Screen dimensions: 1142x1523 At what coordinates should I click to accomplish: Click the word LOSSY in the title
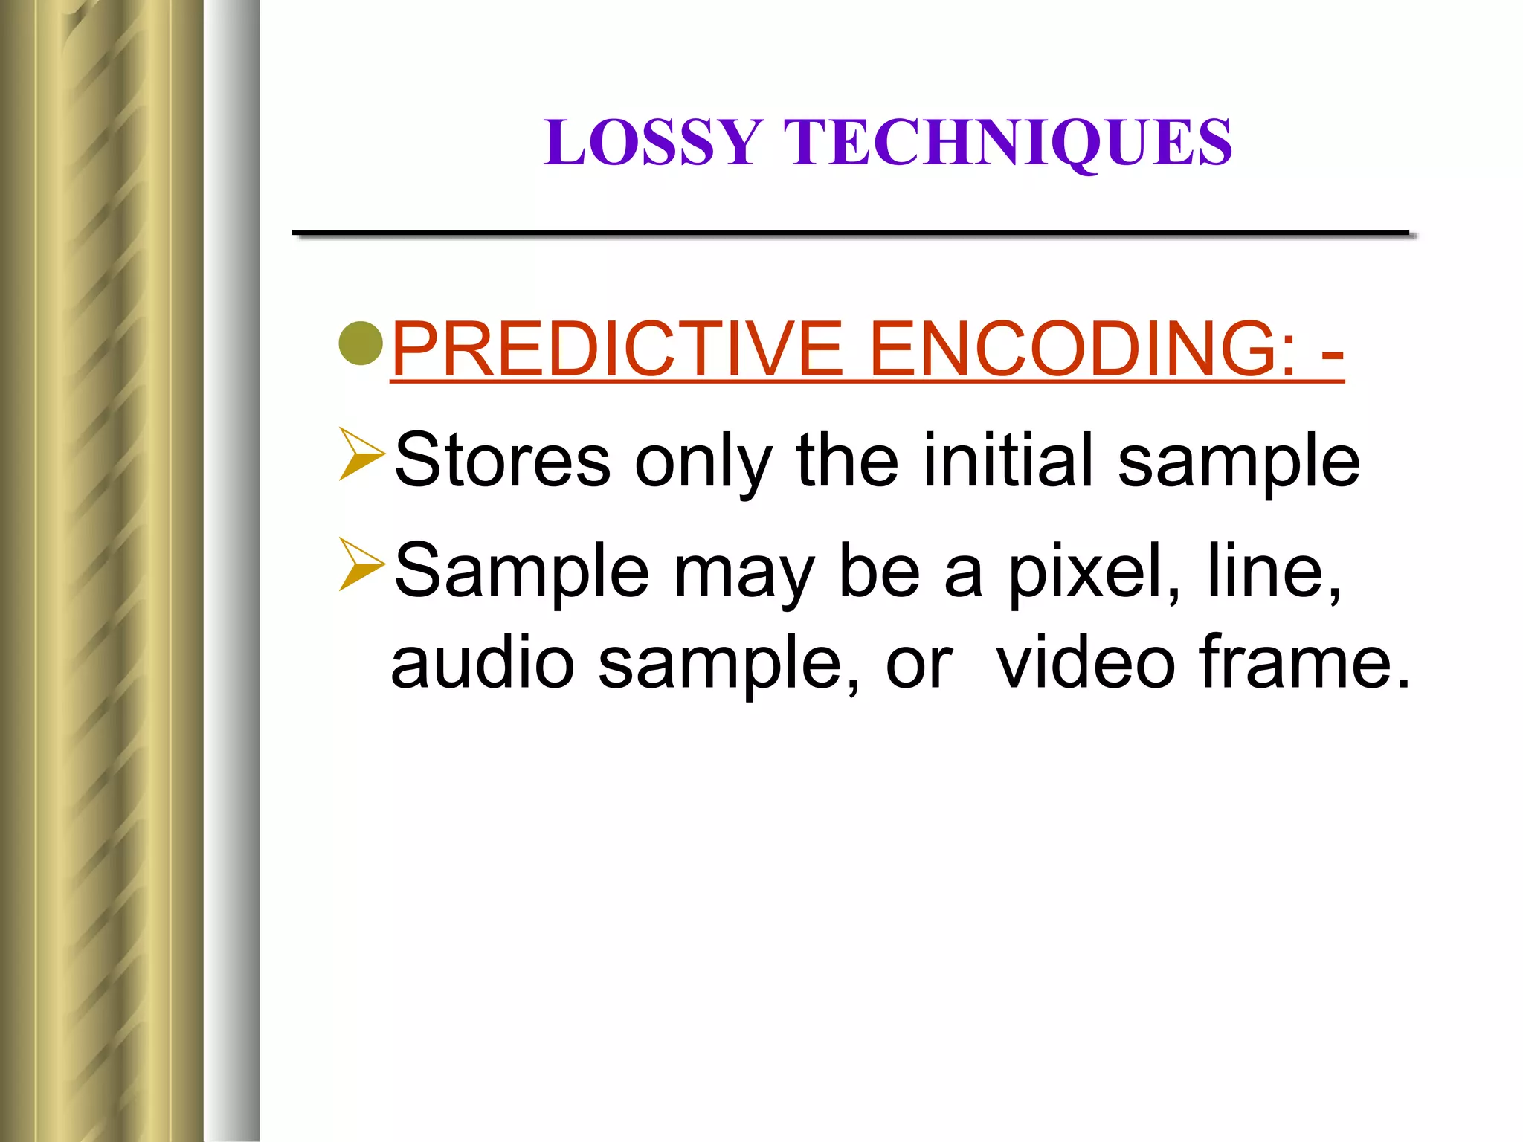(x=653, y=142)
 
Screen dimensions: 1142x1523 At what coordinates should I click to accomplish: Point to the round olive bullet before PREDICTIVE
(x=361, y=343)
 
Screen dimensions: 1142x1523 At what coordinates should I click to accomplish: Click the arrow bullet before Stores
(x=361, y=454)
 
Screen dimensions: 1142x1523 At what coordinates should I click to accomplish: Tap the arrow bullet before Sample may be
(x=361, y=564)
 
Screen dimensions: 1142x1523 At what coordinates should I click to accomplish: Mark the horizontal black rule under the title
(x=851, y=234)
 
